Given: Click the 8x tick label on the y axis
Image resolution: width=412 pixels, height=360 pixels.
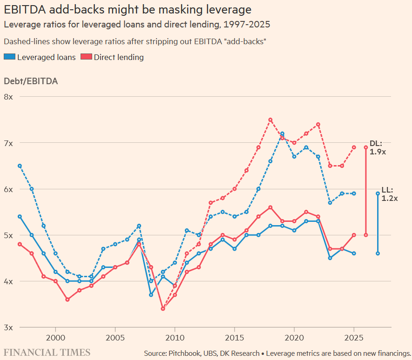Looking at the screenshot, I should click(x=9, y=97).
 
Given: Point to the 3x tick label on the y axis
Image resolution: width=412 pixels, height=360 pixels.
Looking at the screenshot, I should click(x=9, y=327).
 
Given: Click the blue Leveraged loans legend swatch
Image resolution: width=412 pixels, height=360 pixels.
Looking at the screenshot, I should click(x=9, y=57).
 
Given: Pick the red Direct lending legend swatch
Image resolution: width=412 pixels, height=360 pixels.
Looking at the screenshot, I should click(x=86, y=57).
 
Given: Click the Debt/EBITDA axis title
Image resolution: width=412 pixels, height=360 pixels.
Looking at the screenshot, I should click(x=31, y=81).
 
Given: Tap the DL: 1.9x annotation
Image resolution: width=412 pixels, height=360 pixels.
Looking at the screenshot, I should click(x=378, y=147).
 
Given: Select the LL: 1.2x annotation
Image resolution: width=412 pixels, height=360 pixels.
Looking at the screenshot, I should click(x=390, y=194).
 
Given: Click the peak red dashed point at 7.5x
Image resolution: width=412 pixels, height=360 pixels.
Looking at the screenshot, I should click(x=270, y=120).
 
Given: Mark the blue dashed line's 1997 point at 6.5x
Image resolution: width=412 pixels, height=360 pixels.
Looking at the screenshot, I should click(x=20, y=166).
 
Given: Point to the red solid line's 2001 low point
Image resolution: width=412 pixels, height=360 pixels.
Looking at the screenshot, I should click(x=68, y=300).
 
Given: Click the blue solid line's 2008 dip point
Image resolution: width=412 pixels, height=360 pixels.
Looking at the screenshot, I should click(x=151, y=295).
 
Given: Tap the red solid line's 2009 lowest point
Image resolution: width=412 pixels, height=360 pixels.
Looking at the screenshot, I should click(x=163, y=309).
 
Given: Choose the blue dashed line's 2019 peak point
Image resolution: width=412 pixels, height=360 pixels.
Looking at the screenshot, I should click(x=282, y=133).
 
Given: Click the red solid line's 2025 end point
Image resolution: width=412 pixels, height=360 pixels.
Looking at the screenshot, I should click(x=354, y=235).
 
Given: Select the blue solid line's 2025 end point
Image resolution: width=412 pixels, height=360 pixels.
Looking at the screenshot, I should click(x=354, y=253).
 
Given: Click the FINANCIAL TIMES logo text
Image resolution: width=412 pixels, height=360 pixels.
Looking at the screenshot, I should click(x=47, y=352).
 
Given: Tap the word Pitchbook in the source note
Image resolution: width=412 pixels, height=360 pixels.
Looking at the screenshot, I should click(x=187, y=353).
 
